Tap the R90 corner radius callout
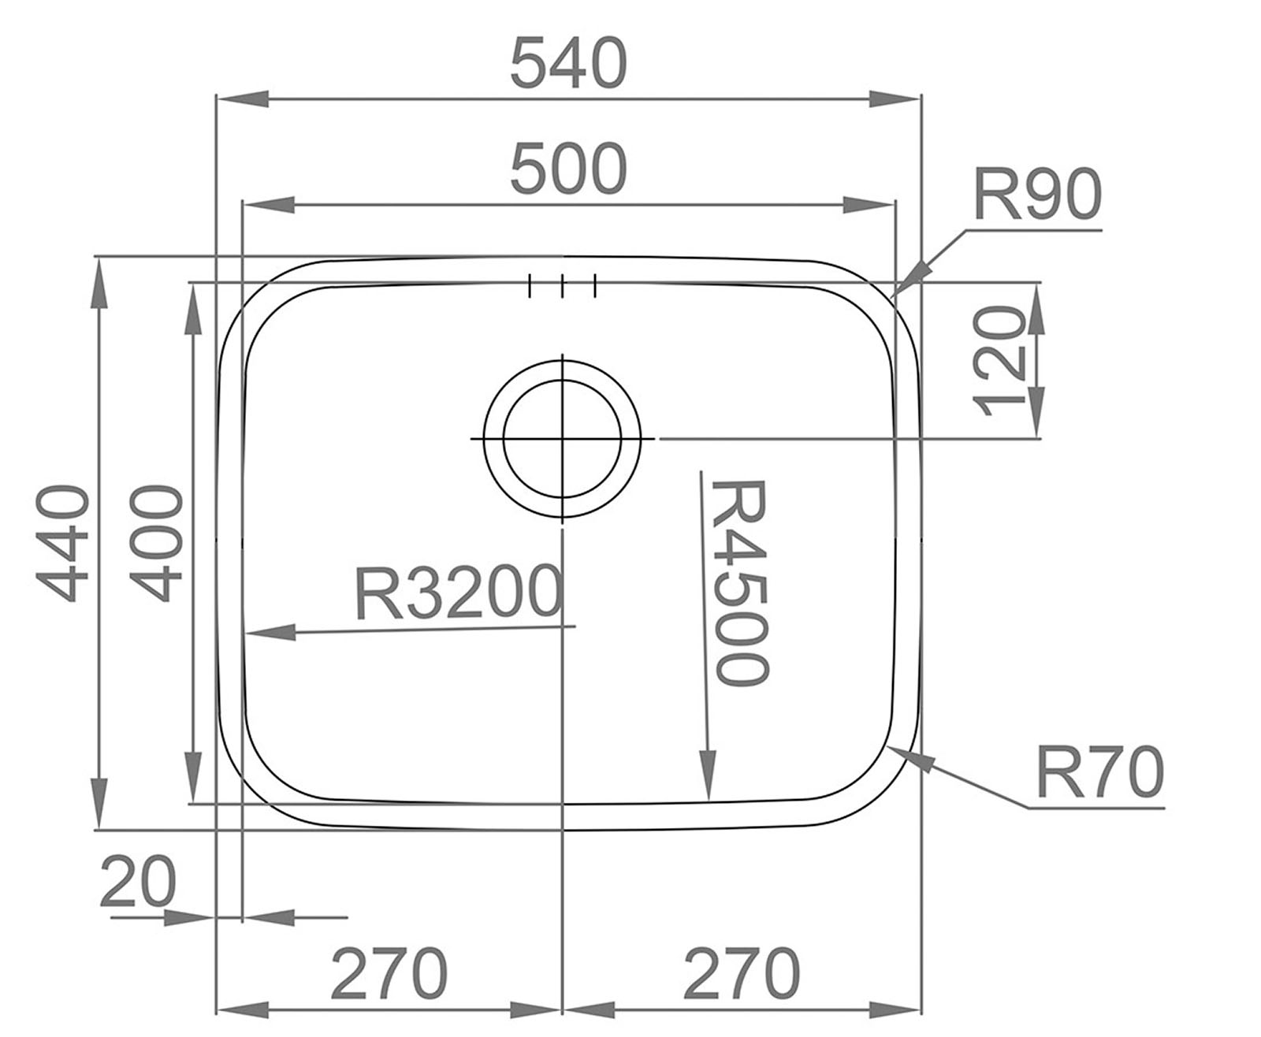1036,195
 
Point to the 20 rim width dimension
137,883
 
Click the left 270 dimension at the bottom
389,974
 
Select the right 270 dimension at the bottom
741,974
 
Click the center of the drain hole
562,438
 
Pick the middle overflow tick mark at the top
562,286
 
